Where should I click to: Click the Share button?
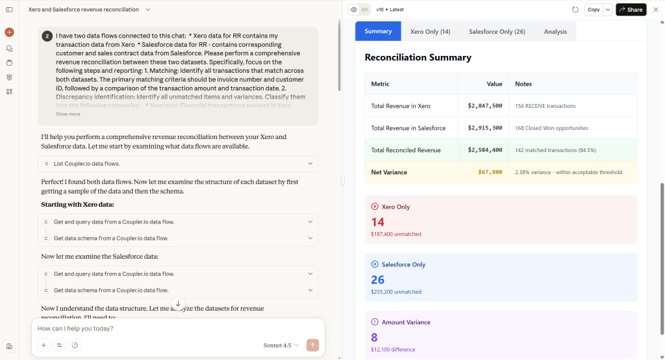tap(631, 10)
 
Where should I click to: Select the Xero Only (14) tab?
tap(430, 31)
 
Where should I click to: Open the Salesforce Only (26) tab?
tap(497, 31)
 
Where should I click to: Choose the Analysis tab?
tap(555, 31)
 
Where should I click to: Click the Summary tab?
tap(378, 31)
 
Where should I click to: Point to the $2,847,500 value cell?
tap(484, 106)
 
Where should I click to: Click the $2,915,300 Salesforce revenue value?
tap(484, 128)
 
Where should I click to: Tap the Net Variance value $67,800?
tap(490, 172)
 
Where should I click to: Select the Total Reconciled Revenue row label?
tap(406, 150)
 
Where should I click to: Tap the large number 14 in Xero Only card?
tap(378, 222)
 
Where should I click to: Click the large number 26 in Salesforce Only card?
tap(378, 280)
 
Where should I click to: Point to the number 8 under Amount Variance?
tap(374, 337)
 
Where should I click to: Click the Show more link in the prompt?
tap(68, 114)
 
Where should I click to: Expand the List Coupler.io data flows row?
tap(178, 164)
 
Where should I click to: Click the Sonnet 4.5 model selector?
tap(281, 345)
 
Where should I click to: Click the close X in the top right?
tap(655, 10)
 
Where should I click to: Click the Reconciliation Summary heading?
tap(418, 57)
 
